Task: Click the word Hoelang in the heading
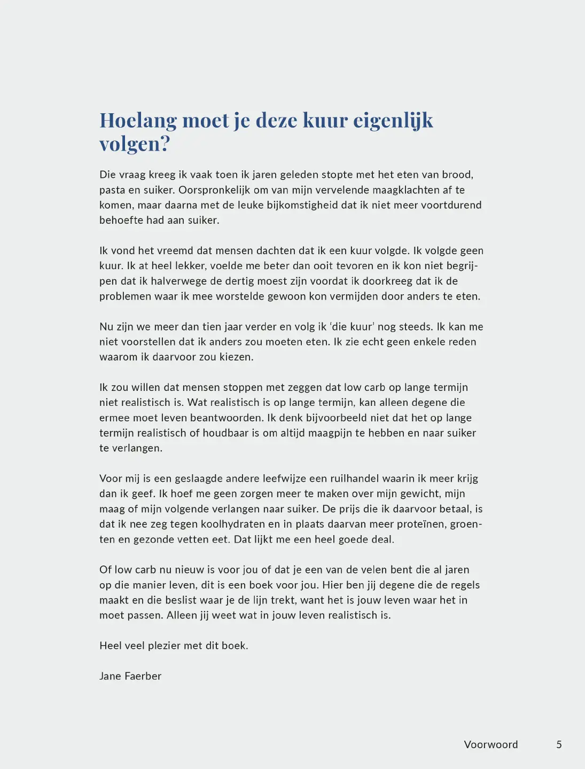click(138, 121)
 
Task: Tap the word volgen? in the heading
click(134, 144)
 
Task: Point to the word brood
click(457, 175)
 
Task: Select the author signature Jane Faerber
click(130, 676)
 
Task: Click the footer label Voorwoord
click(490, 744)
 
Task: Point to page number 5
click(559, 744)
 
